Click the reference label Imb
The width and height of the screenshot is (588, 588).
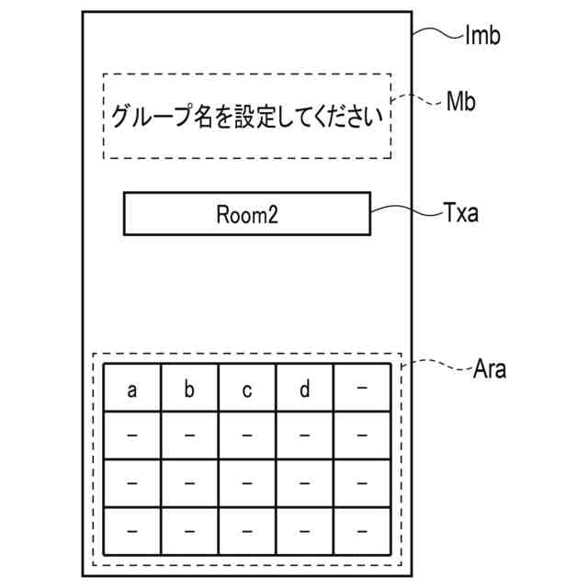coord(483,38)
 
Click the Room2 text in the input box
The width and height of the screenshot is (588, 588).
coord(246,214)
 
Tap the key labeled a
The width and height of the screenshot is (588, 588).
coord(131,390)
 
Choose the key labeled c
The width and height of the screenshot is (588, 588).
coord(246,390)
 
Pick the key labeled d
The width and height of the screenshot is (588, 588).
coord(304,390)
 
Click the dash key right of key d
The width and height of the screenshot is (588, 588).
coord(362,390)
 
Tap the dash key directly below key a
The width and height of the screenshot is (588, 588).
coord(131,435)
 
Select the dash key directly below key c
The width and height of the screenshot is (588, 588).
coord(246,435)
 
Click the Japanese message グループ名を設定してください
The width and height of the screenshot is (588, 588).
coord(246,117)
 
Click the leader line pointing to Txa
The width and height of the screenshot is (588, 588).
coord(404,210)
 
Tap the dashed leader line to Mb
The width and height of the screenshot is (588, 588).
coord(418,99)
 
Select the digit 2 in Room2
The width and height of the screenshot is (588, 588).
coord(273,214)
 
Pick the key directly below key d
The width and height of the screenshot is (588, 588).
coord(304,435)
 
